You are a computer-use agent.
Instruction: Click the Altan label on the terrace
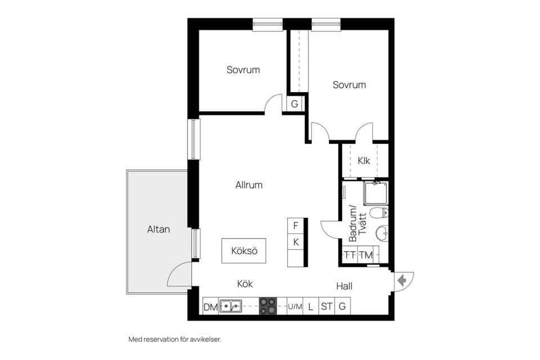coord(159,229)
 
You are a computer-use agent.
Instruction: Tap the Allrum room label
coord(249,185)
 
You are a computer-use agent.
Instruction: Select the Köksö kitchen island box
coord(244,251)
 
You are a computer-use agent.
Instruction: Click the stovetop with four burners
coord(268,306)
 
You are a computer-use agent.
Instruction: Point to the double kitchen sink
coord(231,306)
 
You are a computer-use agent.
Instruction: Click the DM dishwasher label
coord(211,307)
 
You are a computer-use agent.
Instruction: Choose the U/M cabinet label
coord(295,307)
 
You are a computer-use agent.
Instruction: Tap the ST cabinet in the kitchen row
coord(326,306)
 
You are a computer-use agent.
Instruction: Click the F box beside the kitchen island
coord(296,226)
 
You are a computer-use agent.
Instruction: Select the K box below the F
coord(296,242)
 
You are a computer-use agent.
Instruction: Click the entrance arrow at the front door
coord(401,281)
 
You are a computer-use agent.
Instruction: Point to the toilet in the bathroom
coord(379,213)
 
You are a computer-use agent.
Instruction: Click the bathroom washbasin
coord(382,233)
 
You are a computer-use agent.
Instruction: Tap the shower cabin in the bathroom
coord(376,193)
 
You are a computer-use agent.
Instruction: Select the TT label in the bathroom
coord(350,255)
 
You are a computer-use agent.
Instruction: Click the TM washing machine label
coord(366,255)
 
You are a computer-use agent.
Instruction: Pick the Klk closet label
coord(364,160)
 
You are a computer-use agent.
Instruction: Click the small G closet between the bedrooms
coord(294,103)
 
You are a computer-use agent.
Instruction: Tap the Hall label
coord(344,286)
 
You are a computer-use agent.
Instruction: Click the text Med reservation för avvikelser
coord(175,339)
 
